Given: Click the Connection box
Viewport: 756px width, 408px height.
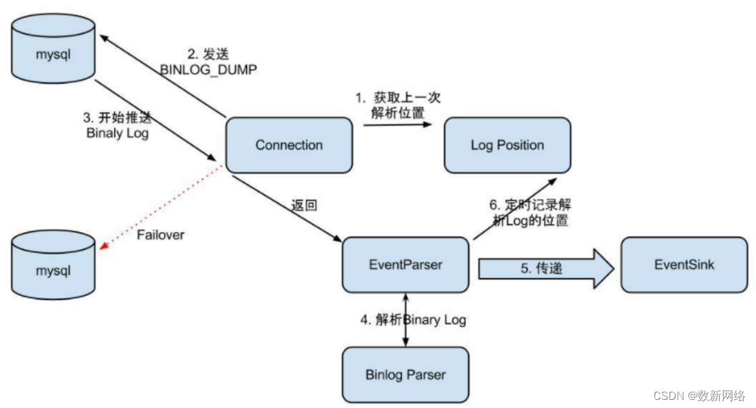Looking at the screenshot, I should point(289,145).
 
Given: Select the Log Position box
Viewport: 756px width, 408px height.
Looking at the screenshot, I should point(507,145).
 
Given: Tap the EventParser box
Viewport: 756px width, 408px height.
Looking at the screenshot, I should point(406,264).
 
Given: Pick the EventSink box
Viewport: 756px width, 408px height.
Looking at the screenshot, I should point(684,264).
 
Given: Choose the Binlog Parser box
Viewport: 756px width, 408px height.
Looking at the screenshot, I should point(406,374).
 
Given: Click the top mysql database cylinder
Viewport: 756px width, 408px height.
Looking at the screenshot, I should point(53,51).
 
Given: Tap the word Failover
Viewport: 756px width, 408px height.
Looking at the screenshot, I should point(160,235).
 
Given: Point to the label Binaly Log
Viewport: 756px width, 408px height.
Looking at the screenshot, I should point(117,133).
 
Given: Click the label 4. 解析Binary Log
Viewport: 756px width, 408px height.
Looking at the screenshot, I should point(412,320).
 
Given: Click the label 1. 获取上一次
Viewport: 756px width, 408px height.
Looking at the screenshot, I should point(398,97).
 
